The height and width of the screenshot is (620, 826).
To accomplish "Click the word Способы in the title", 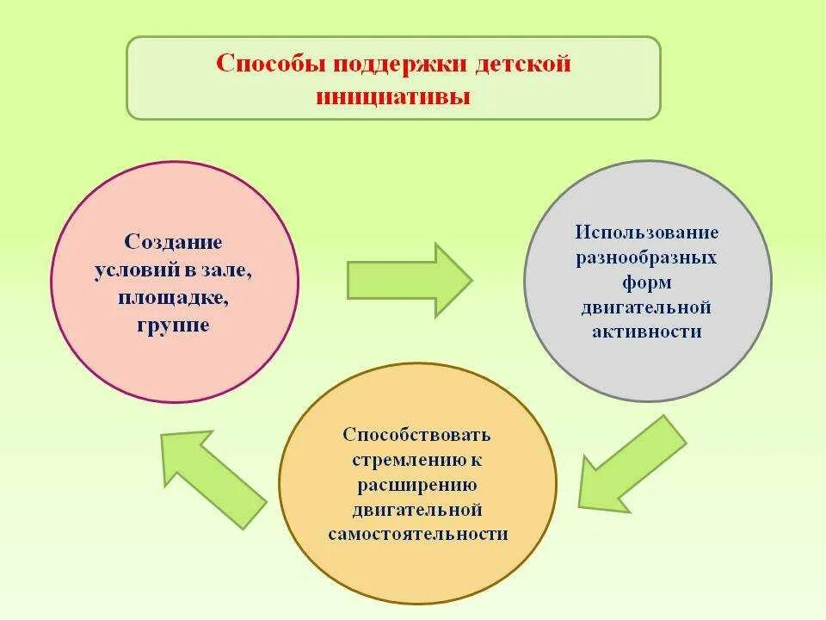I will (266, 65).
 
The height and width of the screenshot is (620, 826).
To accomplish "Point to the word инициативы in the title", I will (393, 96).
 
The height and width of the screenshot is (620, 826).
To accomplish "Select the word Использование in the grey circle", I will (647, 232).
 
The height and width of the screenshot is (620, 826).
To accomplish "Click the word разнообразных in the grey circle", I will (647, 257).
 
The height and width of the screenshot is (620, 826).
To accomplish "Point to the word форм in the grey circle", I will (647, 282).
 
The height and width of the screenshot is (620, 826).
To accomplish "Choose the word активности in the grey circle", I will (647, 332).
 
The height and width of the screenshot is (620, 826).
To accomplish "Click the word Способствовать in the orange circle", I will (417, 434).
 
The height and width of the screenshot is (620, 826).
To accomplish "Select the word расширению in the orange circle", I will (417, 484).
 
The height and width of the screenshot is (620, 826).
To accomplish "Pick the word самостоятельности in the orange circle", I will (417, 534).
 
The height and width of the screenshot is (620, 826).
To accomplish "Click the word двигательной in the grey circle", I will (647, 307).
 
